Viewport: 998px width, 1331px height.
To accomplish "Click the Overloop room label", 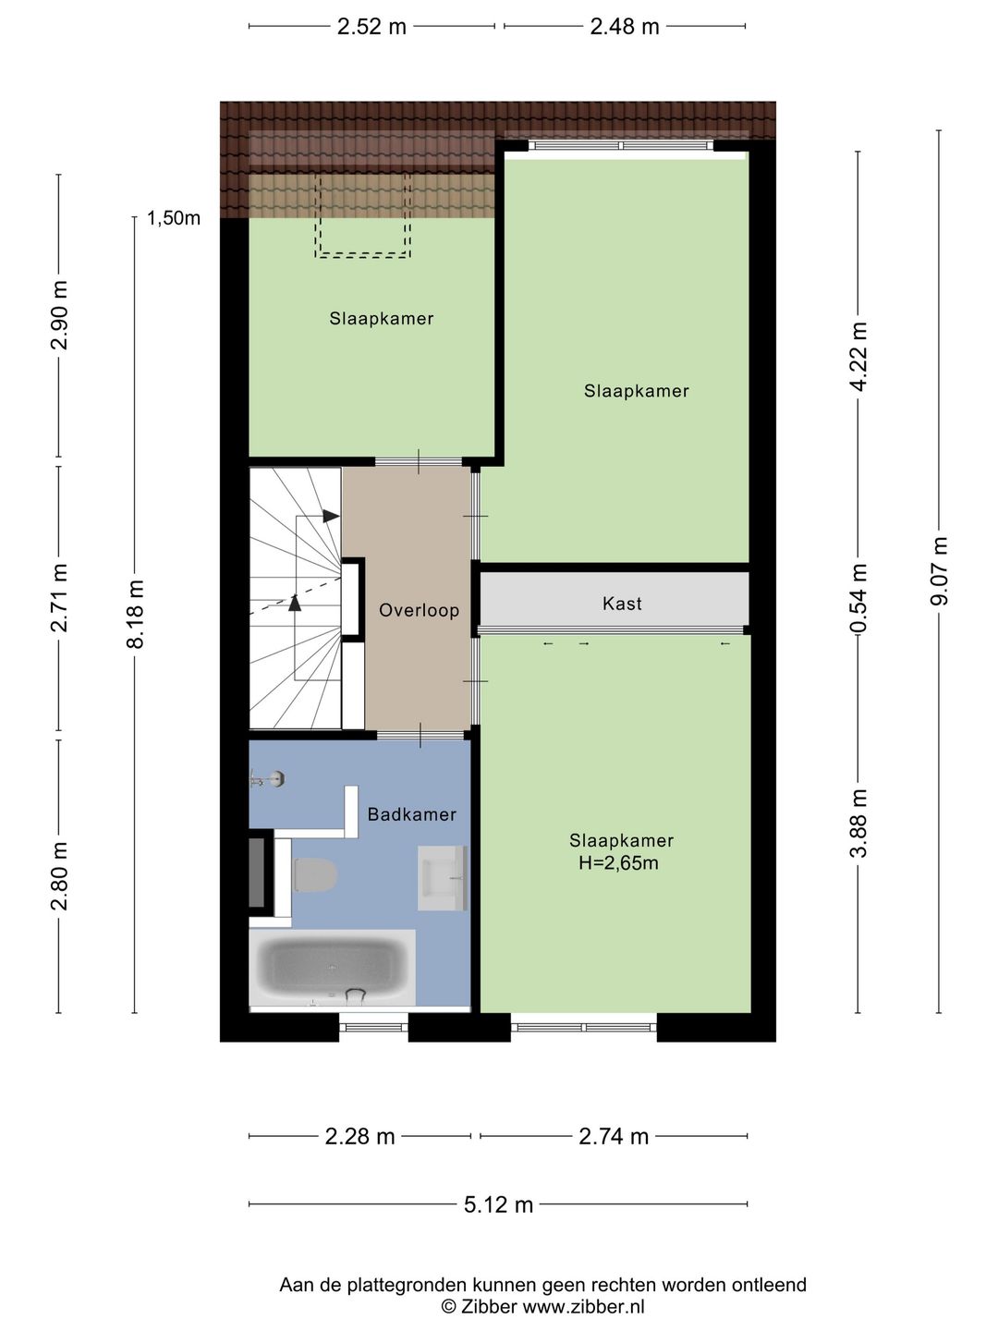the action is pos(419,610).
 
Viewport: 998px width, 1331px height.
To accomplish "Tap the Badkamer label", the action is pos(412,813).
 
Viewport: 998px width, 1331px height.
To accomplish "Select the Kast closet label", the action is pos(622,604).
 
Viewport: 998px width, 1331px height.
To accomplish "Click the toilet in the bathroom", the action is pos(314,874).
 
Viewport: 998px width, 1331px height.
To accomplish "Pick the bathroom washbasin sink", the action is pos(443,878).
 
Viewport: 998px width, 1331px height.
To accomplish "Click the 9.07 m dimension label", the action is pos(939,570).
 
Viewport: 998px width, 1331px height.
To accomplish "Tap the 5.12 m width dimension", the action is pos(498,1203).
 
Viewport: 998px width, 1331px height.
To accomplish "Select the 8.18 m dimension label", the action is pos(135,614).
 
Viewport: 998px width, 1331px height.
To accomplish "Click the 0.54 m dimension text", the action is pos(858,597).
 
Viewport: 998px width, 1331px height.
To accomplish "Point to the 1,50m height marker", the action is pos(174,218).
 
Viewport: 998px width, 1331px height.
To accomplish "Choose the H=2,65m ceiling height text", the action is pos(619,862).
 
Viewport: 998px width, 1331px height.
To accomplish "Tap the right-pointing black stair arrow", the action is pos(330,516).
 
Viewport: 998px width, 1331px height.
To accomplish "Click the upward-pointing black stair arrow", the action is pos(295,603).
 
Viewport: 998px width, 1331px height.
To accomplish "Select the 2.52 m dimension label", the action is pos(371,27).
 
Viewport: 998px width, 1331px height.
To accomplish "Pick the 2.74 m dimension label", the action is pos(614,1136).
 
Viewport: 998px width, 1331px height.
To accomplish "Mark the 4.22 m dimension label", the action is pos(858,357).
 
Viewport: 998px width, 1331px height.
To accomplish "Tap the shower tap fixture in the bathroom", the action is pos(267,779).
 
